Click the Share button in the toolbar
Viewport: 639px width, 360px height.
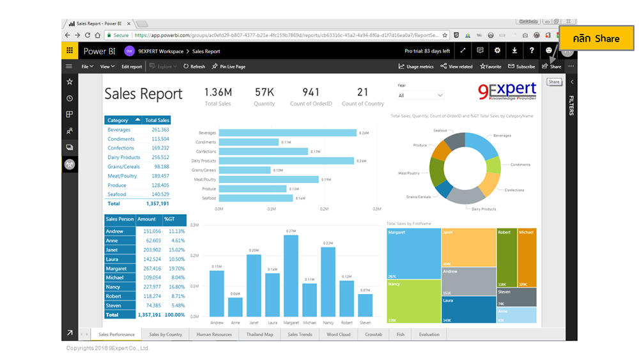click(x=551, y=67)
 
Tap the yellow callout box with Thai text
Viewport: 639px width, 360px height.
click(x=596, y=38)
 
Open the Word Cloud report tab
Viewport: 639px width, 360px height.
click(x=338, y=334)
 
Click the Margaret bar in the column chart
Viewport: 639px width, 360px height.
click(x=291, y=276)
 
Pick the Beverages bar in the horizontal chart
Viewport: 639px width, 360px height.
click(x=287, y=133)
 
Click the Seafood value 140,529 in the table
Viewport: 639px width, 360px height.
click(x=156, y=194)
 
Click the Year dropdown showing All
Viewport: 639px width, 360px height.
click(x=420, y=95)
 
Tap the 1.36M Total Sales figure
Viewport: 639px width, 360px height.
click(x=217, y=92)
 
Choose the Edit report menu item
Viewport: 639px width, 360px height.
click(x=132, y=67)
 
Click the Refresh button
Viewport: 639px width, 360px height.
click(x=194, y=67)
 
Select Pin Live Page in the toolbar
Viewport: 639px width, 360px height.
click(x=229, y=67)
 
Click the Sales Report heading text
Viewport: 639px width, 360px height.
click(x=143, y=94)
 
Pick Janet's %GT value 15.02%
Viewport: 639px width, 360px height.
click(x=176, y=250)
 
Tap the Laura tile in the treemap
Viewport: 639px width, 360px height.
click(x=468, y=309)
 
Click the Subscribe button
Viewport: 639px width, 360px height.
click(x=521, y=67)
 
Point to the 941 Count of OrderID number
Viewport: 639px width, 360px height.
click(x=311, y=92)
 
